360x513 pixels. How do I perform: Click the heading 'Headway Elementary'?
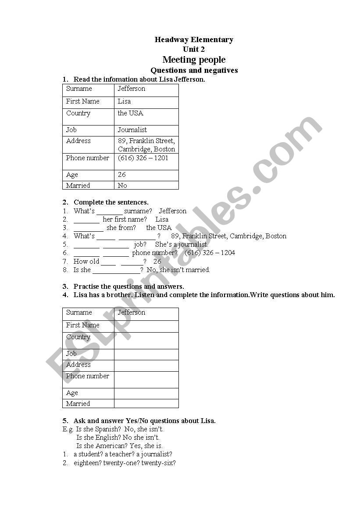click(x=194, y=40)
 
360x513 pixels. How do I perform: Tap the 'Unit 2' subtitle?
click(x=194, y=50)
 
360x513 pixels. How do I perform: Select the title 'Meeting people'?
click(x=194, y=60)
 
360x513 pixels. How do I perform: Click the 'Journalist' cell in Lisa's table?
click(x=132, y=130)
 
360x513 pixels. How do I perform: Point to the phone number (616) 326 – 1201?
click(x=143, y=158)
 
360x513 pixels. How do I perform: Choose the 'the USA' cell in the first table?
click(x=130, y=113)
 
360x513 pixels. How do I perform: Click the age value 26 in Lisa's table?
click(x=122, y=175)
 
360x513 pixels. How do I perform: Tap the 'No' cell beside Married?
click(x=122, y=186)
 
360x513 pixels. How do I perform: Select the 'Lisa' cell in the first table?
click(x=124, y=101)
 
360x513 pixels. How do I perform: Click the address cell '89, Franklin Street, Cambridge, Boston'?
click(x=146, y=145)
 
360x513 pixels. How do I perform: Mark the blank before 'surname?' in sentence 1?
click(x=110, y=212)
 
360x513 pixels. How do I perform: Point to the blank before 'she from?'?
click(x=89, y=228)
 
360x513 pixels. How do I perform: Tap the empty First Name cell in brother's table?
click(x=146, y=326)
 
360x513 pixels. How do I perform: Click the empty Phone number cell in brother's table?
click(x=146, y=380)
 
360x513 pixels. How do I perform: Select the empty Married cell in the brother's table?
click(x=146, y=404)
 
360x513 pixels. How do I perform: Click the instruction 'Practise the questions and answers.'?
click(x=128, y=287)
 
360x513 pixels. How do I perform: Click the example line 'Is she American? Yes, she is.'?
click(x=119, y=446)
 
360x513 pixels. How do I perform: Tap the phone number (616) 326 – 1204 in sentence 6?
click(x=210, y=253)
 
